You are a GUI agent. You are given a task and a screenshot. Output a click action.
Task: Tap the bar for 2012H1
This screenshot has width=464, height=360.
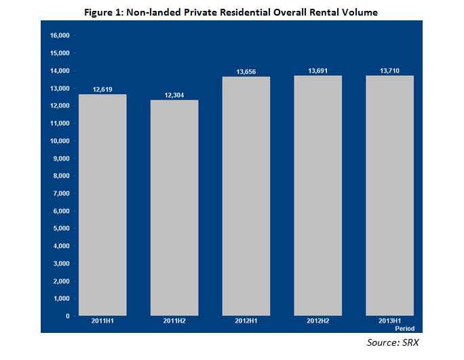click(246, 196)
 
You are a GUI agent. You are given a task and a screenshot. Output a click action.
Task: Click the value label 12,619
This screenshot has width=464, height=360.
click(102, 89)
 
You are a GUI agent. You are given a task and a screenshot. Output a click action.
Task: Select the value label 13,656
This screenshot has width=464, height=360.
click(246, 71)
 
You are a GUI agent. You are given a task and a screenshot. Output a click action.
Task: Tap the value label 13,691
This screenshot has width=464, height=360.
click(317, 70)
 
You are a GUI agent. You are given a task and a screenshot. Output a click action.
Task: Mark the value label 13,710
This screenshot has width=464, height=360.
click(389, 70)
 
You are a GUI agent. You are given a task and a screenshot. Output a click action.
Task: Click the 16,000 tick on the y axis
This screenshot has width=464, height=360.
click(61, 35)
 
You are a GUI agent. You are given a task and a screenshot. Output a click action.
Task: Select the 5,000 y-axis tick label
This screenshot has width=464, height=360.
click(63, 228)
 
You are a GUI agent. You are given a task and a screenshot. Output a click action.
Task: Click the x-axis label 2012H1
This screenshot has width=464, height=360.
click(246, 323)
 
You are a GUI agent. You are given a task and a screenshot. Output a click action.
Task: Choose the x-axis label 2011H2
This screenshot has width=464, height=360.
click(174, 323)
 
